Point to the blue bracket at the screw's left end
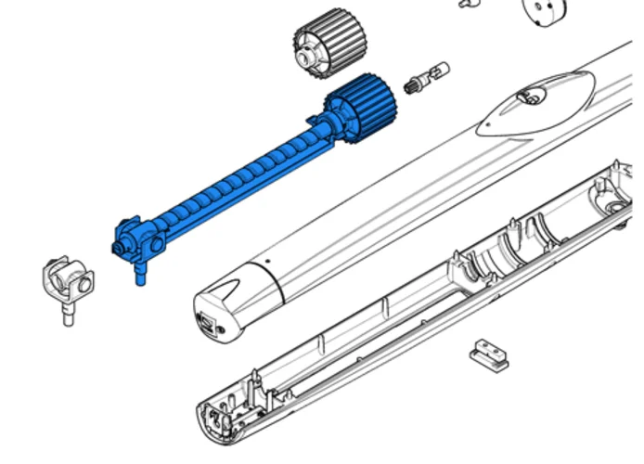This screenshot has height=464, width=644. [x=135, y=238]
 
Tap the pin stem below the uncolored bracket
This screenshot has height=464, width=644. [x=68, y=314]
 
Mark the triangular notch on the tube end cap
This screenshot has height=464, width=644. [x=239, y=274]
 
